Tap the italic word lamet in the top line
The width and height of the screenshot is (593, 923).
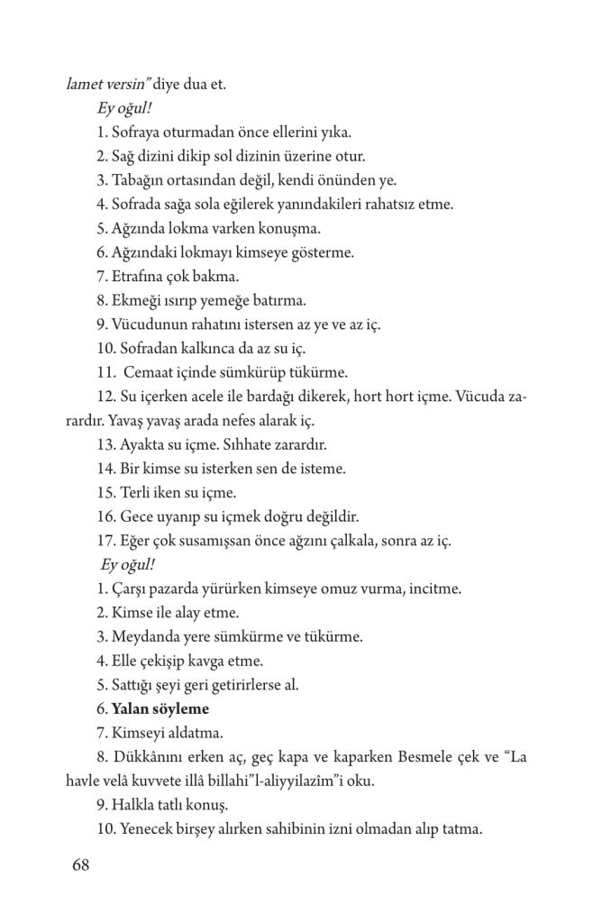click(x=84, y=86)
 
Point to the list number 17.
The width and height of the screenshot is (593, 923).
click(x=104, y=542)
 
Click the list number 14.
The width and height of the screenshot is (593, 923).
click(x=104, y=468)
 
